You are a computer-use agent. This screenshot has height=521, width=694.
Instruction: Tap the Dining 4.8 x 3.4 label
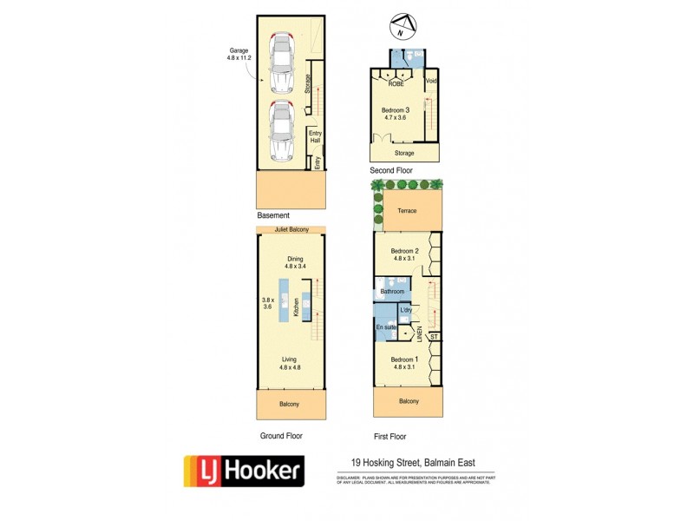[292, 262]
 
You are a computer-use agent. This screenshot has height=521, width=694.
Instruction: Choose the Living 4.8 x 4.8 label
[291, 362]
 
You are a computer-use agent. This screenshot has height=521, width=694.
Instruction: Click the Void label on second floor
[431, 82]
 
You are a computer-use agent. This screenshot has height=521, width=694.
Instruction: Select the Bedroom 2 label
[405, 254]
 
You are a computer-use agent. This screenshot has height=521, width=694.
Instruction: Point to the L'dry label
[406, 310]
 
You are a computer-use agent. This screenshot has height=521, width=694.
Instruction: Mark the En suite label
[385, 326]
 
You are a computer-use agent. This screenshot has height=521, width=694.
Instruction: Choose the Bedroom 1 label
[404, 363]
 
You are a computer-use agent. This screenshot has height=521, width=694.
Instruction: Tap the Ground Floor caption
[281, 436]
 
